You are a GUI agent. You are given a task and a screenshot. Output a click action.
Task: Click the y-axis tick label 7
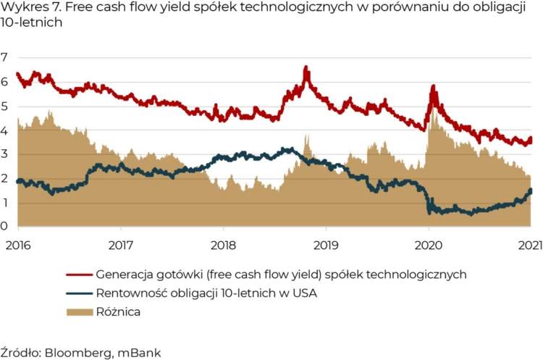click(x=4, y=57)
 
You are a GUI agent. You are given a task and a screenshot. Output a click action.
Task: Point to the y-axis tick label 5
click(x=4, y=106)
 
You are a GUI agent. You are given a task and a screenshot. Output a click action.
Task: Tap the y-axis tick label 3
click(x=4, y=154)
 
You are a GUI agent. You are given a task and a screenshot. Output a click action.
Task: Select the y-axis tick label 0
click(x=4, y=227)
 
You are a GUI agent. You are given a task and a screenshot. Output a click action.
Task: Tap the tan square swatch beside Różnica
click(x=79, y=312)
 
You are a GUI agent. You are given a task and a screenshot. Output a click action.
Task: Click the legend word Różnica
click(x=118, y=312)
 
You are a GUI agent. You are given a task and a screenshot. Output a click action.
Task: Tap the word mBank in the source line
click(x=140, y=353)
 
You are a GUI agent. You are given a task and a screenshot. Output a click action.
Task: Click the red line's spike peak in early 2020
click(x=433, y=86)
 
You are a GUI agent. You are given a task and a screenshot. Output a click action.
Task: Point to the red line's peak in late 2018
click(x=306, y=67)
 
